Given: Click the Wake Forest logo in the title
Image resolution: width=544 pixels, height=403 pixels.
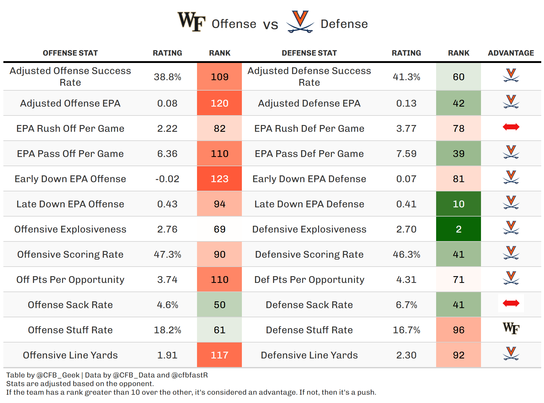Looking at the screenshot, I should coord(191,22).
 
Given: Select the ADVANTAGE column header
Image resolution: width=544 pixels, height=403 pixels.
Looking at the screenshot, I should coord(511,53).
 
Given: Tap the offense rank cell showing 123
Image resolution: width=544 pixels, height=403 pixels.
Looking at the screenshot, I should coord(219,179).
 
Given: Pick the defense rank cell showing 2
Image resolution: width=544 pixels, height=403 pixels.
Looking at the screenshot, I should coord(458,229).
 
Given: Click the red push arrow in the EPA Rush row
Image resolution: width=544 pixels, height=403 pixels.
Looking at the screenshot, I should coord(511,127).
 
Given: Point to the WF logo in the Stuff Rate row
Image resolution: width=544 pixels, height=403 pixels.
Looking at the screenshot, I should coord(511,328).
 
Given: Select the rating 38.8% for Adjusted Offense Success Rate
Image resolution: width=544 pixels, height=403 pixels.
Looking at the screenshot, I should coord(168,77).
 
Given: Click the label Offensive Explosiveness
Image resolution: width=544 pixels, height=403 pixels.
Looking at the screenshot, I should coord(70,229).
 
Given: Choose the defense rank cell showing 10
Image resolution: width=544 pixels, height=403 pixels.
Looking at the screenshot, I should coord(458,204).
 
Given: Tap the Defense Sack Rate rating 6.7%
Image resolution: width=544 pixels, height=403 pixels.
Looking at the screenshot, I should coord(406,305).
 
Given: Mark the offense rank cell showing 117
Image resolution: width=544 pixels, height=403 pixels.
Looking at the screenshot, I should coord(219,355).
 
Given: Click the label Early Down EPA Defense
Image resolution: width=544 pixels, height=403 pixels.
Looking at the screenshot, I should coord(309,179).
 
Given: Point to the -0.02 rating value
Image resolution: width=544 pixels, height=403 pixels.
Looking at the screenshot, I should coord(168,179).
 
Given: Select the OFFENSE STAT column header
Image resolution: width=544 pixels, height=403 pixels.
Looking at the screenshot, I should coord(70,53).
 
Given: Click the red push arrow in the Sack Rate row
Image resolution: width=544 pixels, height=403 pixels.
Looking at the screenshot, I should coord(511,303).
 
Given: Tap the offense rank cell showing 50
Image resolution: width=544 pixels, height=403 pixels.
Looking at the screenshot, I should coord(219,305).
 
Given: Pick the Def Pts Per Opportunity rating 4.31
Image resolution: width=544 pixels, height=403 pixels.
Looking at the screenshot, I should coord(406,280).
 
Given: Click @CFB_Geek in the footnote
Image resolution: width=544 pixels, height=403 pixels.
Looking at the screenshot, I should coord(58,375).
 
